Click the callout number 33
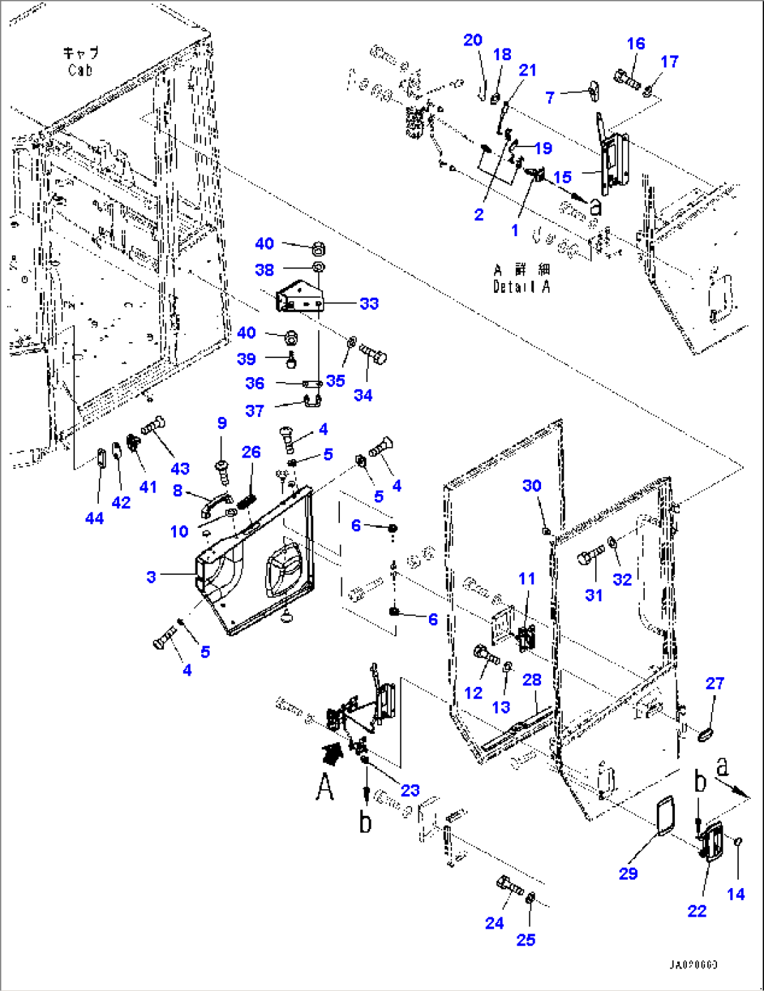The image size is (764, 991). point(369,303)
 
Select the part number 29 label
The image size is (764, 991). point(628,873)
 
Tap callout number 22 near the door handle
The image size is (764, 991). point(697,910)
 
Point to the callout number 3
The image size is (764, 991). point(151,577)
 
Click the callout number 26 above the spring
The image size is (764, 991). point(251,452)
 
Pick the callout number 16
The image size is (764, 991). point(635,43)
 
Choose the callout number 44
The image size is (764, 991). point(94,518)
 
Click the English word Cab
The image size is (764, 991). point(81,70)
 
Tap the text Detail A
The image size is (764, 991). point(521,287)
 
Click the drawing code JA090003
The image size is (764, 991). point(693,965)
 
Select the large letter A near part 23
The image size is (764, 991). point(324,786)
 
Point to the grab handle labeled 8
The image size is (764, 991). point(215,503)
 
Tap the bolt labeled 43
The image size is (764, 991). point(154,425)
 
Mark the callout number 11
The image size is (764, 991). point(526,579)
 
